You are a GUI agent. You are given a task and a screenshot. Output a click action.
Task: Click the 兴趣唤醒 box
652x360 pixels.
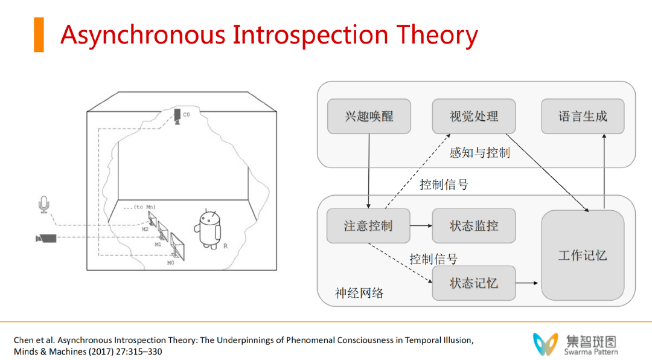tap(369, 116)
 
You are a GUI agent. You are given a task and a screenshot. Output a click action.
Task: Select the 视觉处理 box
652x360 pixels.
tap(474, 116)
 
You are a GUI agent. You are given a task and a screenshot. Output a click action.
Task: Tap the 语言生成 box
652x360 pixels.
tap(583, 116)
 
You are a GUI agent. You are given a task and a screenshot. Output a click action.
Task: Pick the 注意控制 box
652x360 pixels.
tap(368, 226)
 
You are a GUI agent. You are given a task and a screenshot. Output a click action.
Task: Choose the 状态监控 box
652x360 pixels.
tap(474, 226)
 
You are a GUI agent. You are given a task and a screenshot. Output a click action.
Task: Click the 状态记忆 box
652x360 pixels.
tap(474, 283)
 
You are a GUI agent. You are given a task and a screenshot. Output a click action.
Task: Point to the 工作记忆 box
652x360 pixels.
tap(583, 255)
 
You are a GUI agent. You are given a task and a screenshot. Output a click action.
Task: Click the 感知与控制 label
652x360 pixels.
tap(479, 153)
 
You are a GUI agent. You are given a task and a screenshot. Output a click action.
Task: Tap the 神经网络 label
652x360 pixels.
tap(359, 293)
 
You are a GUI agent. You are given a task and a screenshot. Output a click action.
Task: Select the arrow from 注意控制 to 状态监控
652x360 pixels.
tap(421, 225)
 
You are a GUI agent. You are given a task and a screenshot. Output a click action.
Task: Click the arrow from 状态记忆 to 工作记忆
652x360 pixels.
tap(527, 283)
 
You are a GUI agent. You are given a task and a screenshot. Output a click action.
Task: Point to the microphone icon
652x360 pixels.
tap(43, 205)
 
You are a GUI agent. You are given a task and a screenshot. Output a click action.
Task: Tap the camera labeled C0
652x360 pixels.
tap(177, 117)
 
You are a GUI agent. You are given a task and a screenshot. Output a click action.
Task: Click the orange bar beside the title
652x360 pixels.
tap(39, 34)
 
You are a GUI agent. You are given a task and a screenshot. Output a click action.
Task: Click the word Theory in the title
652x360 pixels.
tap(436, 36)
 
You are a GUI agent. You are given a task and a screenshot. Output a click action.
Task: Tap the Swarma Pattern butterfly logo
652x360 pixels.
tap(545, 344)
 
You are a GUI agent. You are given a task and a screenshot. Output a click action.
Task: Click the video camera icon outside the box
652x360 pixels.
tap(46, 239)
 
